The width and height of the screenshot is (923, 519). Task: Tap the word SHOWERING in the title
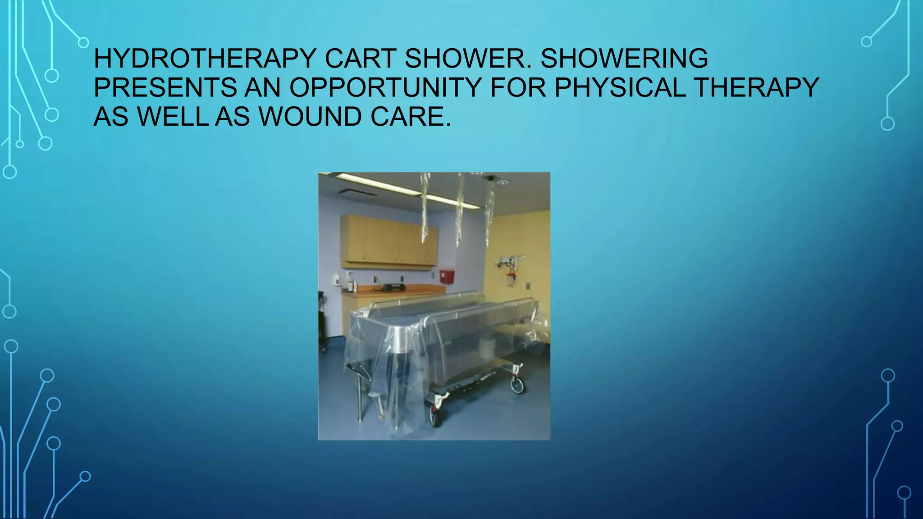(x=624, y=59)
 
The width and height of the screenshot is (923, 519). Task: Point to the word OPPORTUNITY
(x=386, y=87)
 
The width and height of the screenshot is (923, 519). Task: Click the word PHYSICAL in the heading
(x=620, y=87)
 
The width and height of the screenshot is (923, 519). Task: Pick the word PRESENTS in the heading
(x=165, y=87)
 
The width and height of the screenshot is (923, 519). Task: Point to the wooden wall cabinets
(x=388, y=241)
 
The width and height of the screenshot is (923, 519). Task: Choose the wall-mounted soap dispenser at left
(x=336, y=279)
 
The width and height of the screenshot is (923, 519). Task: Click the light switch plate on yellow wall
(x=528, y=286)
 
